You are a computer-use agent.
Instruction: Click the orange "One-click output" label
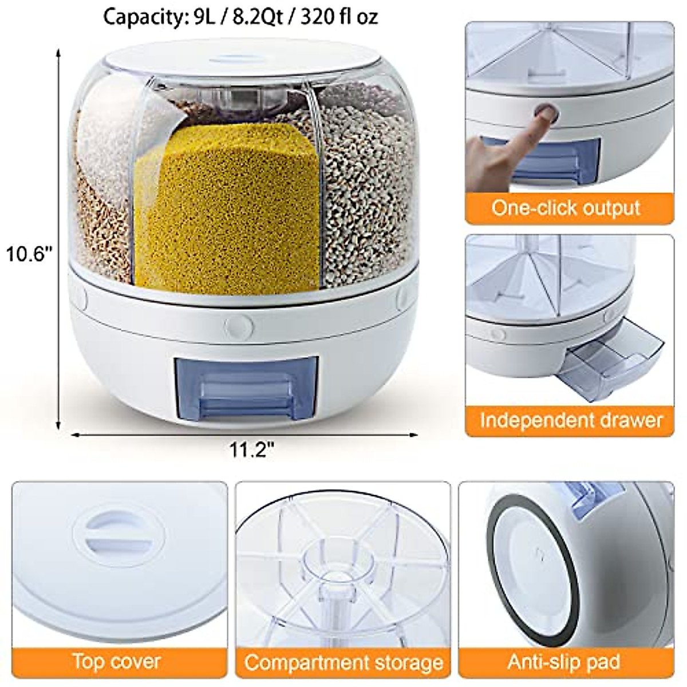pyautogui.click(x=566, y=207)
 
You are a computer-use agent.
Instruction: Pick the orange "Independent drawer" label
pyautogui.click(x=570, y=420)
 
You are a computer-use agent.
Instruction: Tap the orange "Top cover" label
pyautogui.click(x=117, y=661)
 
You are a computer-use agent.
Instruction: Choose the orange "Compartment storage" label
pyautogui.click(x=343, y=662)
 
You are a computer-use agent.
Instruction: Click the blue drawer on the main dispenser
pyautogui.click(x=246, y=386)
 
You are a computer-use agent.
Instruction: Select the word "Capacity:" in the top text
pyautogui.click(x=141, y=17)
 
